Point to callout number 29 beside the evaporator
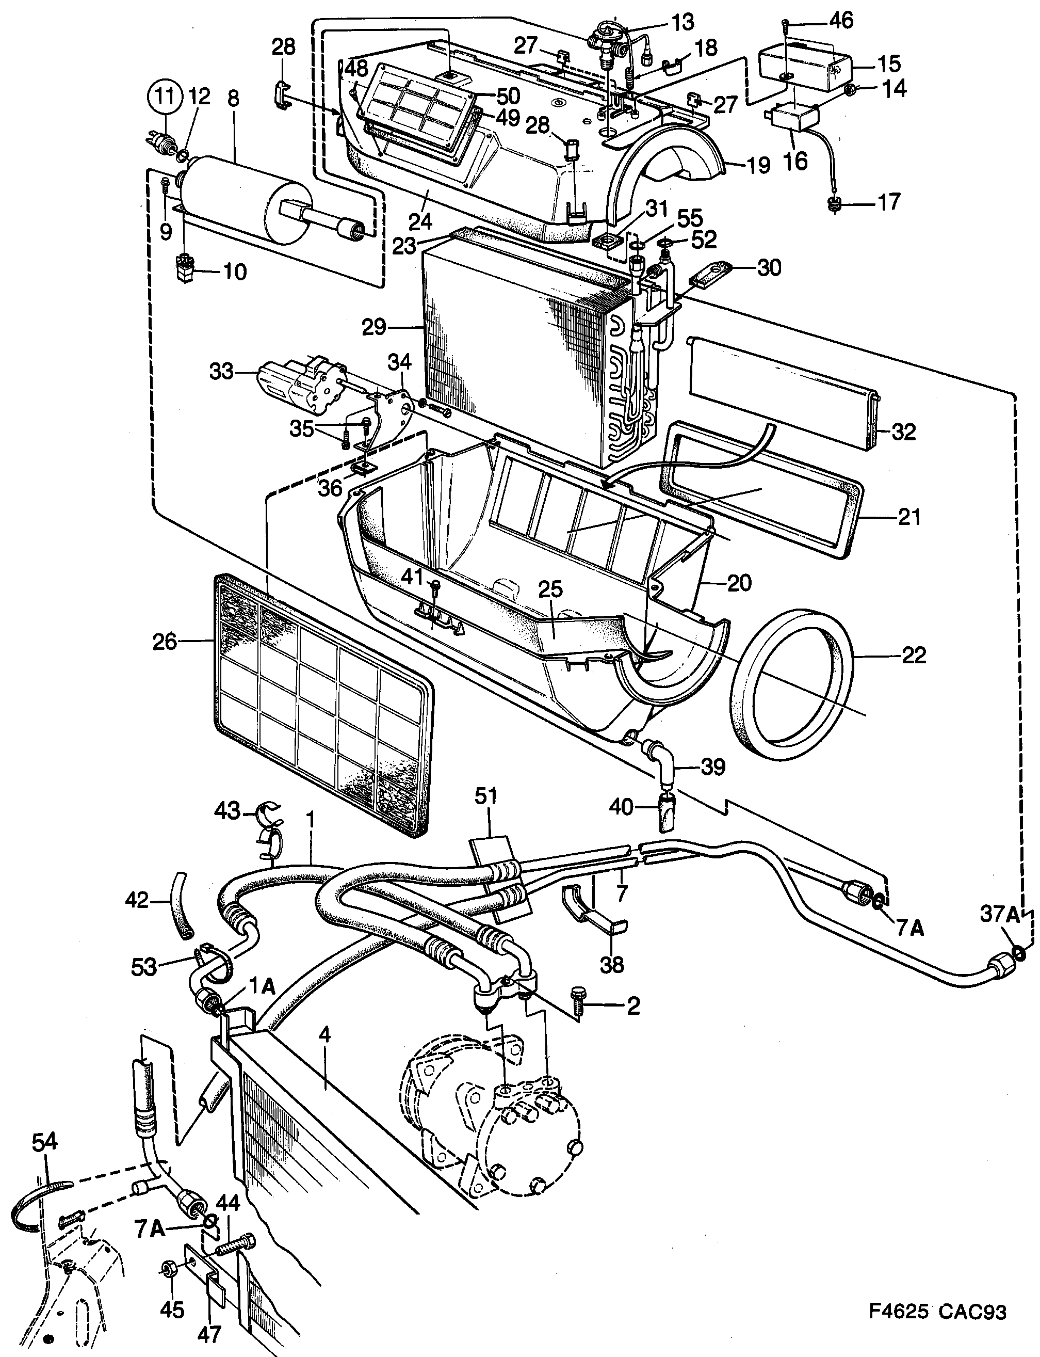point(374,327)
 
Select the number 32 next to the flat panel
point(903,432)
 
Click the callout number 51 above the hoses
point(486,796)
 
